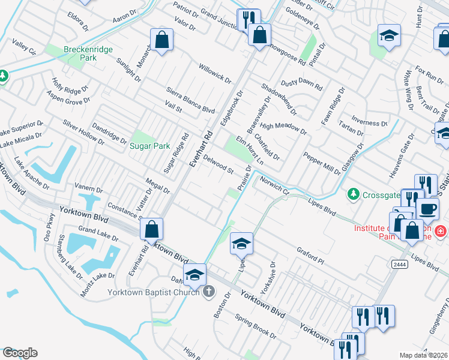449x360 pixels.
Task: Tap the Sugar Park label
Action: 150,146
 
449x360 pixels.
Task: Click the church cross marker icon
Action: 208,292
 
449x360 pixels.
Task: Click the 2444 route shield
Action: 400,264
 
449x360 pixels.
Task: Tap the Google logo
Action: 19,353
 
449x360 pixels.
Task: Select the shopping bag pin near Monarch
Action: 162,40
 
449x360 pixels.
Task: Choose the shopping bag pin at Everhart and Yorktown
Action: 152,229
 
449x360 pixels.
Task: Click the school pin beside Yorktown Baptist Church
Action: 194,275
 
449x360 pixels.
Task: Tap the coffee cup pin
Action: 427,209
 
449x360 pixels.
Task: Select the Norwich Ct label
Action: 275,188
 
